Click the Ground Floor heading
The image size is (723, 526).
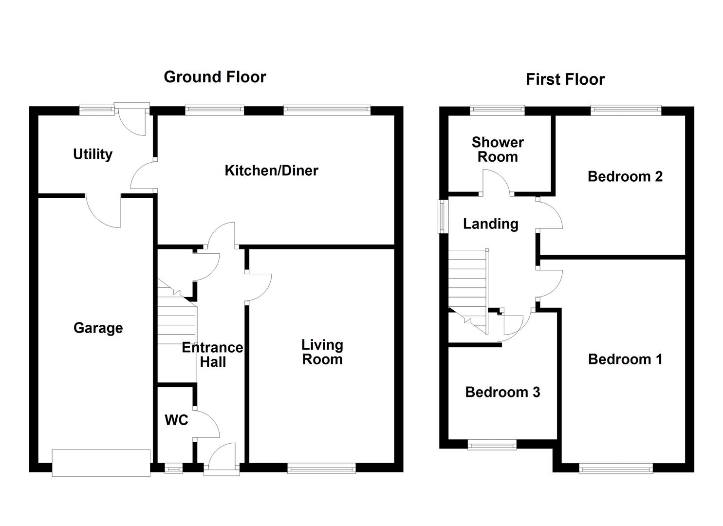215,77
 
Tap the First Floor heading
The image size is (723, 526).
565,79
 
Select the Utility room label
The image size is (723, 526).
93,154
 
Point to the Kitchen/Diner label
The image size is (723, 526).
272,170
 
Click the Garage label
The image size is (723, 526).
98,328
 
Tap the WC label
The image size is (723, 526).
176,420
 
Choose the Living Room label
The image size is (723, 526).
322,352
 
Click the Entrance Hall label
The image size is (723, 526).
212,355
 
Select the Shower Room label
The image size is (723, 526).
498,150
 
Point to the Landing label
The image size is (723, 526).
491,224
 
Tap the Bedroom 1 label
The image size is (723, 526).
625,359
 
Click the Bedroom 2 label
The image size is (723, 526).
625,177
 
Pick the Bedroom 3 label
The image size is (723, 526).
502,393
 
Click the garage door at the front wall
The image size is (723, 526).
101,463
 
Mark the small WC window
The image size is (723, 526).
174,468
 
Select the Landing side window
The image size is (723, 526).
443,216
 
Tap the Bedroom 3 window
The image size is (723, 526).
492,445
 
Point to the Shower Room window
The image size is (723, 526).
498,111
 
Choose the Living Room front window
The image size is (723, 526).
321,468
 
